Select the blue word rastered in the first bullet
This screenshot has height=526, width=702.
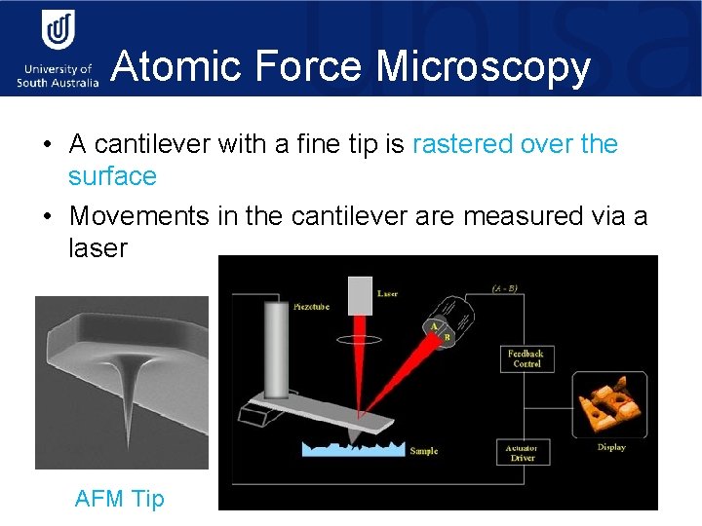463,144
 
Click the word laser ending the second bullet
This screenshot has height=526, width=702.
97,247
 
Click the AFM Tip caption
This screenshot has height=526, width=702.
120,499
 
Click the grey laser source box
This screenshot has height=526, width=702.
361,295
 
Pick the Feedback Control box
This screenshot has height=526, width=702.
526,357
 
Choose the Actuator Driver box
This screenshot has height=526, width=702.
522,452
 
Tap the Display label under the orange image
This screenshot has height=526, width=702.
611,448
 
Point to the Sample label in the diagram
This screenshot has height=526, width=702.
424,451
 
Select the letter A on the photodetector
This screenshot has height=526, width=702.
434,328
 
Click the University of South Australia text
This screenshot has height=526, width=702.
58,76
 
